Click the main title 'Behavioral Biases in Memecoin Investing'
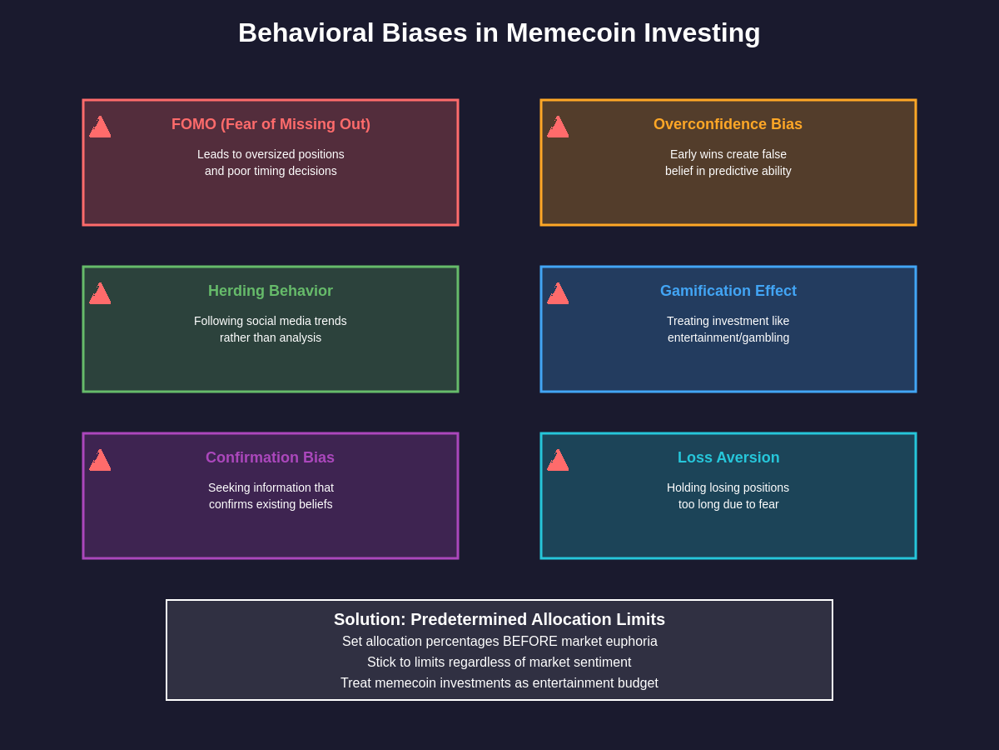coord(499,32)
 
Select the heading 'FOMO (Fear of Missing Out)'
coord(271,124)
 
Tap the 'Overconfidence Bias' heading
coord(728,124)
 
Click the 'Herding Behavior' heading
coord(271,291)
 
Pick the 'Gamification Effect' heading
coord(728,291)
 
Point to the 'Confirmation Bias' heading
coord(270,457)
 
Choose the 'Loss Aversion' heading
coord(728,457)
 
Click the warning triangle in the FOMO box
coord(100,127)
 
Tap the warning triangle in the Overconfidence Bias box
coord(558,127)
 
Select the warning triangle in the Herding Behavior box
coord(100,294)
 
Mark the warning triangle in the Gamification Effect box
coord(558,294)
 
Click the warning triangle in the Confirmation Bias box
coord(100,461)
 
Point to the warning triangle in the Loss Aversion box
coord(558,461)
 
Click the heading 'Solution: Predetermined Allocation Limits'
coord(499,619)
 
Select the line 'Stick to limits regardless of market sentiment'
coord(499,662)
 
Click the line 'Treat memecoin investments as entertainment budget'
coord(499,683)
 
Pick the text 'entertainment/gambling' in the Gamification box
coord(728,337)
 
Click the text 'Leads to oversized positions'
coord(271,154)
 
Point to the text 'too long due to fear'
coord(728,504)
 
